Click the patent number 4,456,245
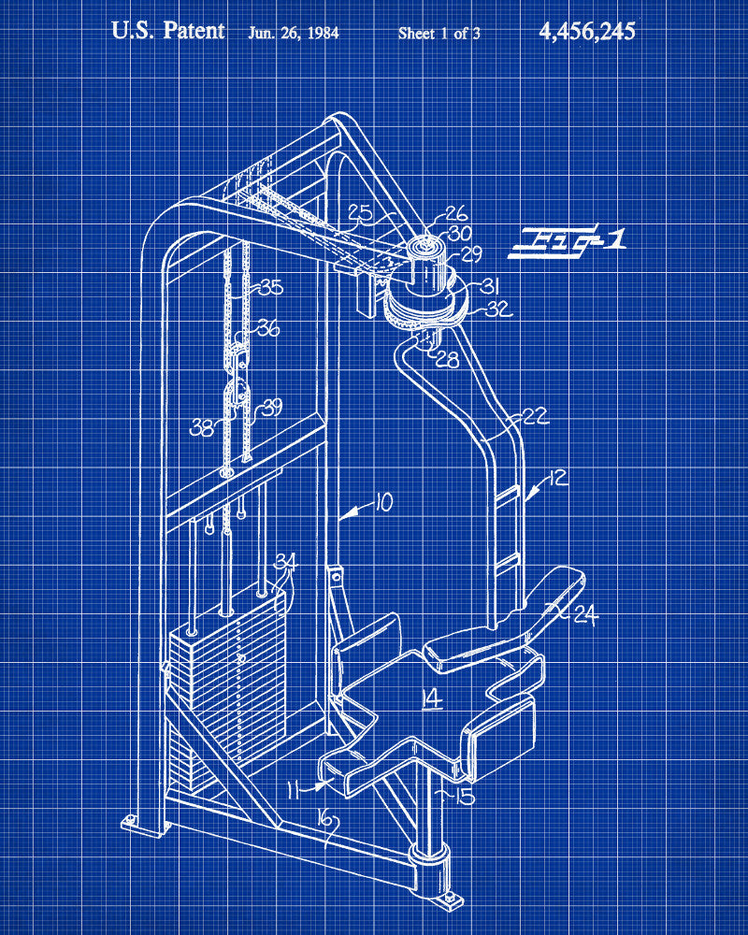click(x=586, y=32)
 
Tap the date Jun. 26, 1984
click(x=293, y=33)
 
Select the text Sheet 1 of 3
click(x=439, y=33)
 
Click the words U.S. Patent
click(x=168, y=31)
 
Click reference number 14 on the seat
click(x=432, y=698)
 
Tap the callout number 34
click(x=285, y=561)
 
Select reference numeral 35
click(x=270, y=288)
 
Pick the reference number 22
click(x=536, y=416)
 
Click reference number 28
click(x=448, y=360)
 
